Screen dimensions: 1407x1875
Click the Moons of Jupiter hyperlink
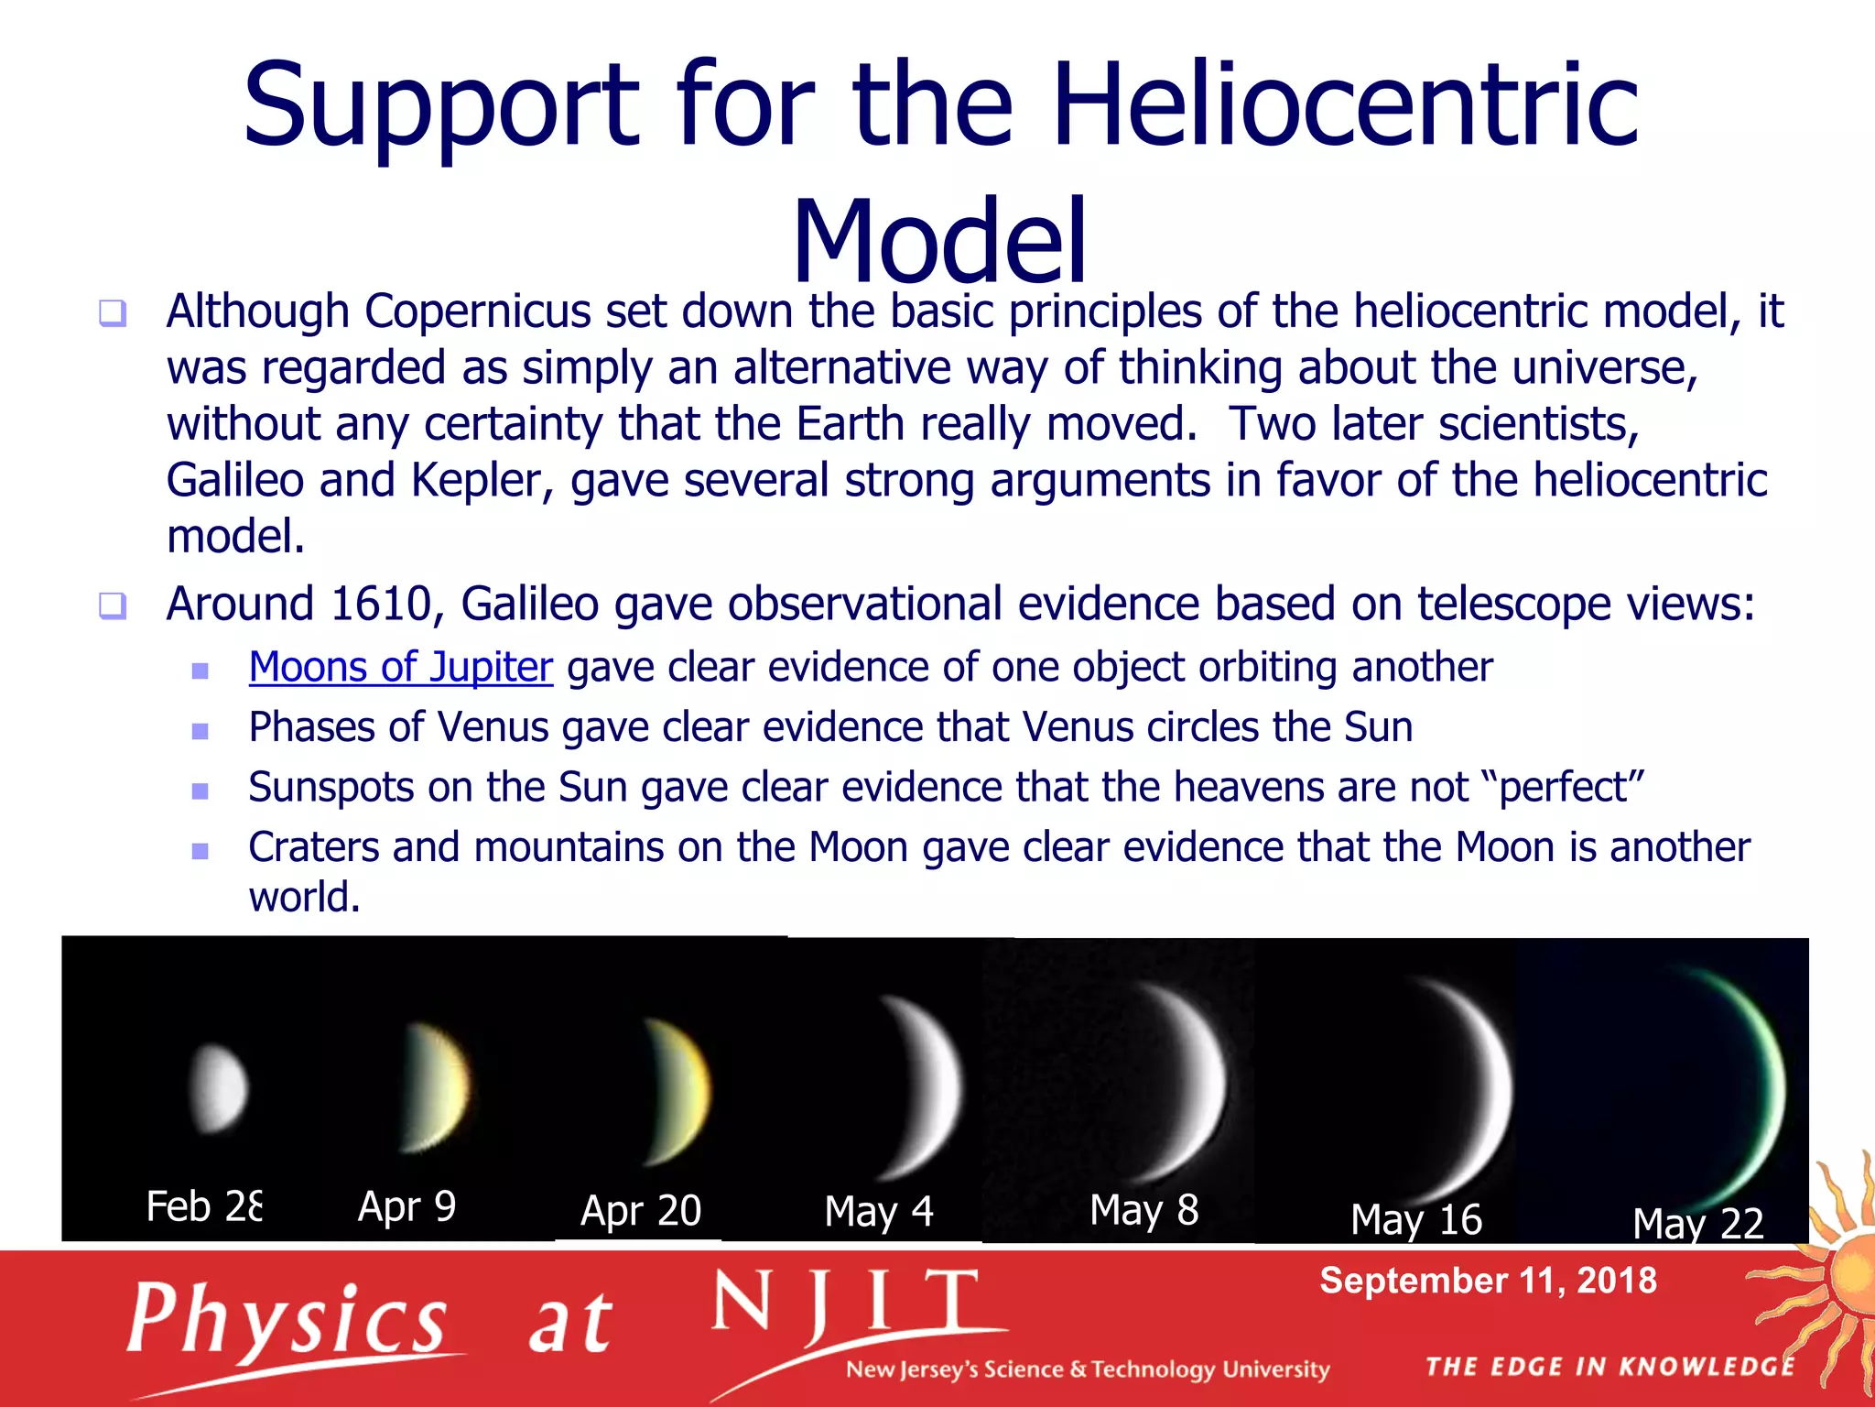click(x=400, y=667)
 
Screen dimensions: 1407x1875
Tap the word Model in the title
click(x=939, y=240)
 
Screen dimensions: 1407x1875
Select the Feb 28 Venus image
click(x=218, y=1088)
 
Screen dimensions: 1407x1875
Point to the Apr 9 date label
click(x=406, y=1206)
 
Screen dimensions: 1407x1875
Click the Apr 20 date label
click(x=640, y=1211)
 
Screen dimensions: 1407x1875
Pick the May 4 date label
click(x=878, y=1211)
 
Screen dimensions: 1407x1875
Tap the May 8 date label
click(x=1143, y=1210)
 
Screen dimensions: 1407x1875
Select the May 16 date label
click(x=1415, y=1220)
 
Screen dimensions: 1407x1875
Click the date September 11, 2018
click(x=1488, y=1281)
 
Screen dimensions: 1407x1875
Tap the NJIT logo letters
click(x=847, y=1305)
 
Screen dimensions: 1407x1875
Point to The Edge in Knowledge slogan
click(x=1609, y=1367)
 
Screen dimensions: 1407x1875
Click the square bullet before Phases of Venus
click(x=201, y=731)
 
